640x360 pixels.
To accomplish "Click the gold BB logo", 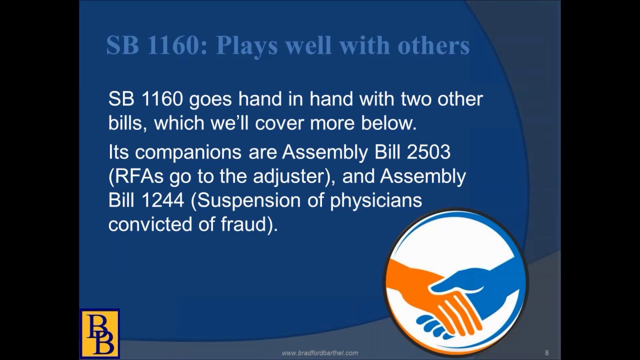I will click(x=99, y=333).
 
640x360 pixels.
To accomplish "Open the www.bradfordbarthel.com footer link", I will click(x=320, y=353).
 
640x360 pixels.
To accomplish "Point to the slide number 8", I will click(x=547, y=353).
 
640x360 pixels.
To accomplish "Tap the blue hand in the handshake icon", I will click(x=480, y=285).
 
